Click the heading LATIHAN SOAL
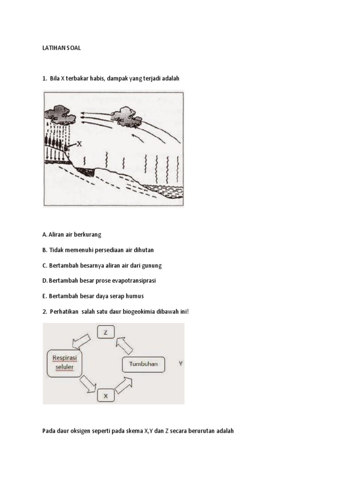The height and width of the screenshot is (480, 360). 61,48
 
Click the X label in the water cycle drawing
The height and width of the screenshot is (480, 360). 79,143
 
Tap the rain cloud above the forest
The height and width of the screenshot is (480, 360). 60,115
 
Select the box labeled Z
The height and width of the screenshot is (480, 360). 106,332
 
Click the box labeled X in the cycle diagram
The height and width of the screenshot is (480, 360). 106,396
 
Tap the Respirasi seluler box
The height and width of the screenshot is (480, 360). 65,364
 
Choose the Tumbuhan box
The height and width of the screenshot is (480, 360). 143,364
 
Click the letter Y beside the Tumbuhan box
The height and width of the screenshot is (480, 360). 180,363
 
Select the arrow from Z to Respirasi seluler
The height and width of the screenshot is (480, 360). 82,342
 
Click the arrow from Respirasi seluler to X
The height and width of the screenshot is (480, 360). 88,384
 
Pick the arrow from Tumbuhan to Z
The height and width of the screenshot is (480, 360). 124,345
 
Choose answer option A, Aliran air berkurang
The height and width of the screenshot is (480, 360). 72,234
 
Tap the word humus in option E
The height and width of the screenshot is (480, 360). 135,296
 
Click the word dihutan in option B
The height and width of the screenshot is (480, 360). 144,250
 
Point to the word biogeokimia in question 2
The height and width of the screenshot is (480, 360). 139,312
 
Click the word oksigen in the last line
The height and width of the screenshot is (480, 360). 81,431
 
